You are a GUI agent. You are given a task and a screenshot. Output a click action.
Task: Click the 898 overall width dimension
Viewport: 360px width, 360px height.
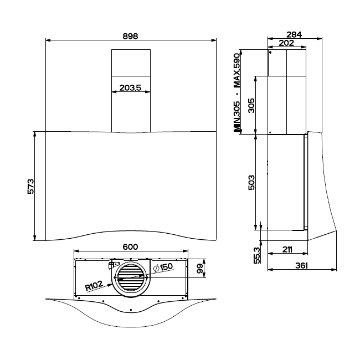click(x=130, y=36)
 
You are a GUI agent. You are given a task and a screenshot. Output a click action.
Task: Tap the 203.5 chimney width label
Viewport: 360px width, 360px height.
click(x=130, y=88)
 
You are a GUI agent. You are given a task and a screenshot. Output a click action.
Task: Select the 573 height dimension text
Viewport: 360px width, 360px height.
click(x=30, y=186)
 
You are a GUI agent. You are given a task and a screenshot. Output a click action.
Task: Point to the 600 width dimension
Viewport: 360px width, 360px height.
click(x=130, y=247)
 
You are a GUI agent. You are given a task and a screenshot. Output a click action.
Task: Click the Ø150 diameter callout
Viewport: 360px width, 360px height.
click(x=163, y=268)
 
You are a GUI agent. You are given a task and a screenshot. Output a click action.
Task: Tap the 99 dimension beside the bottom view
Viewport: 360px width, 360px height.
click(x=200, y=268)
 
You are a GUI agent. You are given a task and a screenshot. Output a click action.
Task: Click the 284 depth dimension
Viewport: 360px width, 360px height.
click(x=294, y=34)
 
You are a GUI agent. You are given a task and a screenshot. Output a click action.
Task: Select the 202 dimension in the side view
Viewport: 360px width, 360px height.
click(x=286, y=43)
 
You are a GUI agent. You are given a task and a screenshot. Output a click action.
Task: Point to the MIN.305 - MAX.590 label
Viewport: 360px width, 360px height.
click(x=237, y=92)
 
